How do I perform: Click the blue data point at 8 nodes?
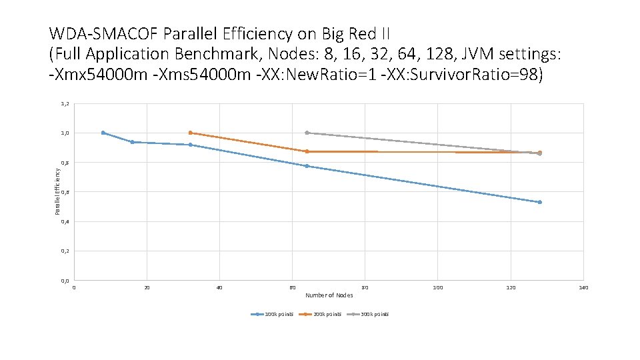(103, 133)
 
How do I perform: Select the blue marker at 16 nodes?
(132, 142)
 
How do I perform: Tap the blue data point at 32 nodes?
(191, 145)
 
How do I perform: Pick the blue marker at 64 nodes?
(307, 166)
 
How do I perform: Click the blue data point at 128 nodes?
(540, 202)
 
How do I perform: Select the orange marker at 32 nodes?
(191, 133)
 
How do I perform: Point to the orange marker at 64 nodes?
(307, 151)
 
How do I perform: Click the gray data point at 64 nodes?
(307, 133)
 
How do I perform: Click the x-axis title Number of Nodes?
(329, 295)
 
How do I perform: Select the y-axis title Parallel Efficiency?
(57, 191)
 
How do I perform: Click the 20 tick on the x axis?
(147, 288)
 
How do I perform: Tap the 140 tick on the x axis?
(583, 288)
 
